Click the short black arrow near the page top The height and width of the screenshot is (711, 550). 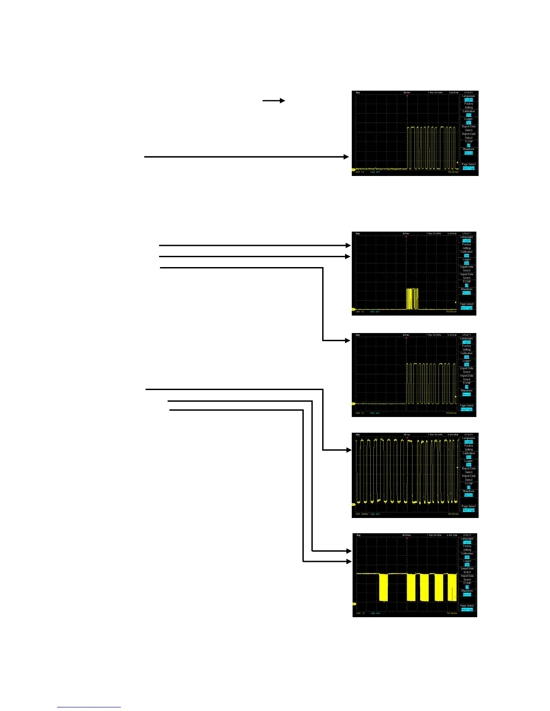click(x=274, y=101)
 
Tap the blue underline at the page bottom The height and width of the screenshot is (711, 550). click(x=89, y=707)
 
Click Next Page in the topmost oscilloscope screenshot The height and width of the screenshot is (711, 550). click(x=469, y=168)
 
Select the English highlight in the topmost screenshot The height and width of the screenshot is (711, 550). click(x=469, y=100)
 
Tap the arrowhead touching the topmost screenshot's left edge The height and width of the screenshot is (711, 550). click(x=346, y=157)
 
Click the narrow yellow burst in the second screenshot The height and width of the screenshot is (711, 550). click(x=412, y=299)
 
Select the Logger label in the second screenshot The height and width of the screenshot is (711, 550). click(x=467, y=259)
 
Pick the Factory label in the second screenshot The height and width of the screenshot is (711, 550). click(x=467, y=245)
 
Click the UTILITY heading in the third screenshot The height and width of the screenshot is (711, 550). click(x=467, y=335)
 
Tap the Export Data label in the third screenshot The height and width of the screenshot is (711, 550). click(x=467, y=368)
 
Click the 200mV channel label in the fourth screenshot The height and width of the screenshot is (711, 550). click(x=367, y=514)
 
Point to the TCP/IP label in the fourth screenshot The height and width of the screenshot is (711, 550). click(x=469, y=483)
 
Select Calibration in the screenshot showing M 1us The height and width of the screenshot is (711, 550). click(x=469, y=453)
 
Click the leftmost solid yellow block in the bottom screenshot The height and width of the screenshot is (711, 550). click(x=383, y=587)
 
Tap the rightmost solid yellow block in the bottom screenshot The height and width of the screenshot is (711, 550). click(x=452, y=587)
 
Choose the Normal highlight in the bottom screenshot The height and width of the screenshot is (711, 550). click(x=467, y=595)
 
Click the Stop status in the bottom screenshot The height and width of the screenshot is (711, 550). click(x=358, y=535)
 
